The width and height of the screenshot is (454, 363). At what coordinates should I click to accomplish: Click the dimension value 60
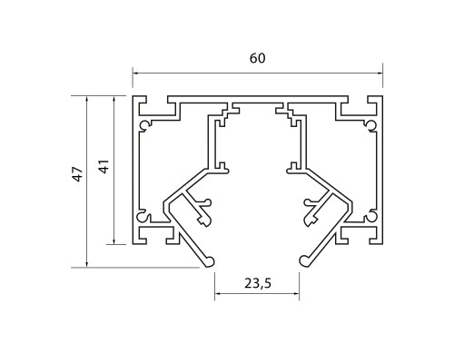tap(258, 58)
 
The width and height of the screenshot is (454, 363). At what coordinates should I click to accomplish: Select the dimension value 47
tap(78, 174)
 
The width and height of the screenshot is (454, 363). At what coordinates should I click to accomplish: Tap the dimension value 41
tap(104, 166)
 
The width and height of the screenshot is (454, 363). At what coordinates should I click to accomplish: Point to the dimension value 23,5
tap(258, 283)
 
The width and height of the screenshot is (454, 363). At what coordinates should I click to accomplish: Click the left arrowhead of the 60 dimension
tap(136, 73)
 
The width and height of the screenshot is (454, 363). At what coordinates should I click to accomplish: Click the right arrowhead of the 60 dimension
tap(380, 73)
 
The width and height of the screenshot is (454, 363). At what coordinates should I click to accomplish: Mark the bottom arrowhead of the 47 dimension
tap(87, 264)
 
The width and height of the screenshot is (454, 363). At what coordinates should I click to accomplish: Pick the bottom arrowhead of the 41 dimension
tap(113, 240)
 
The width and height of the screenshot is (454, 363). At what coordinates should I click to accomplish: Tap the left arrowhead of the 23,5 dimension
tap(218, 293)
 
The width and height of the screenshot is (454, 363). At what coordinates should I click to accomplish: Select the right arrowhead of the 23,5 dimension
tap(296, 293)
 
